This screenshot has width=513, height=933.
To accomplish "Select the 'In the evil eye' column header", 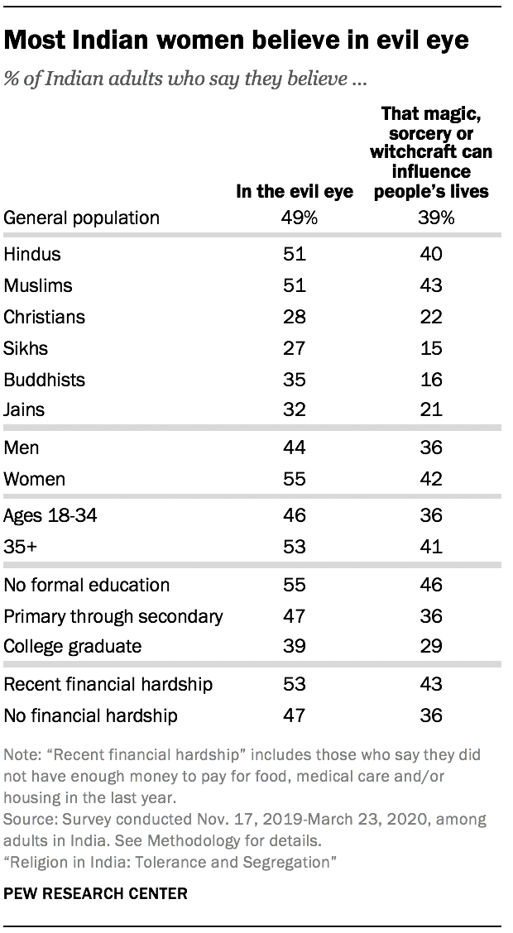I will pyautogui.click(x=295, y=192).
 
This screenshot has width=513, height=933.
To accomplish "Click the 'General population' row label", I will pyautogui.click(x=82, y=218).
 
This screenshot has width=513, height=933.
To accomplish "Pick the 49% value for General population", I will pyautogui.click(x=295, y=218).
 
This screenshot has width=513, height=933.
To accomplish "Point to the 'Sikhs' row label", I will pyautogui.click(x=26, y=348).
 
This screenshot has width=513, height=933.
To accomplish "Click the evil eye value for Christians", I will pyautogui.click(x=295, y=317).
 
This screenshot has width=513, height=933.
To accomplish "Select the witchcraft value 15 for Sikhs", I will pyautogui.click(x=430, y=348).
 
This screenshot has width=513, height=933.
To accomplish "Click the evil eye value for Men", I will pyautogui.click(x=295, y=447).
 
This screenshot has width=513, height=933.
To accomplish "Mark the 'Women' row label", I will pyautogui.click(x=35, y=479).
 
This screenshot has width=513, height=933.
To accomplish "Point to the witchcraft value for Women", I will pyautogui.click(x=430, y=479).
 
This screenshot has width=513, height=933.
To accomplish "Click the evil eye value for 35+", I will pyautogui.click(x=295, y=548).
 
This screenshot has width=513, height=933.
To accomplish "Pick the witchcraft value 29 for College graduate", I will pyautogui.click(x=430, y=647).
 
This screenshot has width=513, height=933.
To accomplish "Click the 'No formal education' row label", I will pyautogui.click(x=87, y=584).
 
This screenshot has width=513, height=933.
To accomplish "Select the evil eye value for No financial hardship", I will pyautogui.click(x=295, y=715).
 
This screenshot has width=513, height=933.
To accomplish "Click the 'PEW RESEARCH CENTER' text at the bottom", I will pyautogui.click(x=96, y=893).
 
